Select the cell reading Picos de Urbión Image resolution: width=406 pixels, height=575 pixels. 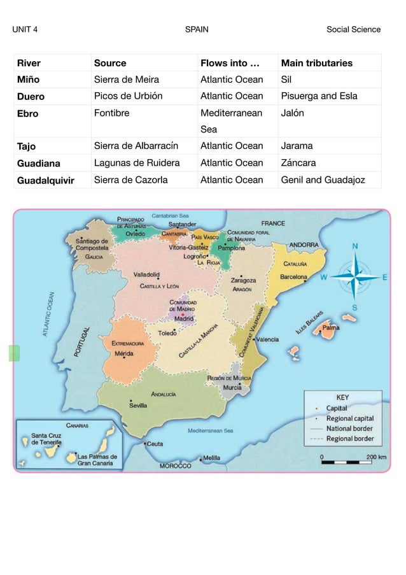tap(128, 96)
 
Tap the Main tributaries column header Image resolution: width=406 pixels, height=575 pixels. tap(316, 63)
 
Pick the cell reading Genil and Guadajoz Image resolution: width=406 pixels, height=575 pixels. tap(323, 180)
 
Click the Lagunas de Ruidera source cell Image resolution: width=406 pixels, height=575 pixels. tap(136, 163)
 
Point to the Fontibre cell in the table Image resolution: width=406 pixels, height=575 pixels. tap(111, 113)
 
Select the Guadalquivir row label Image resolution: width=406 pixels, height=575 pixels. tap(45, 180)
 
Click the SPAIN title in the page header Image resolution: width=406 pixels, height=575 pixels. tap(196, 29)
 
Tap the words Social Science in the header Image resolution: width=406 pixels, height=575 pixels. tap(353, 29)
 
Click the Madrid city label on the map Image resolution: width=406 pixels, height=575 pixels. tap(184, 319)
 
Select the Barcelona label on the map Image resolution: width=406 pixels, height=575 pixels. tap(293, 277)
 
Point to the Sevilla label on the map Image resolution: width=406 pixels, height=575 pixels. tap(139, 404)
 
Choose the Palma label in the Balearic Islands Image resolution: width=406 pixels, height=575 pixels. tap(330, 327)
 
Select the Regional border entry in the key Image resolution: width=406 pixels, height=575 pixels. tap(349, 439)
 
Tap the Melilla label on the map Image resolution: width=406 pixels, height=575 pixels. tap(211, 457)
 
